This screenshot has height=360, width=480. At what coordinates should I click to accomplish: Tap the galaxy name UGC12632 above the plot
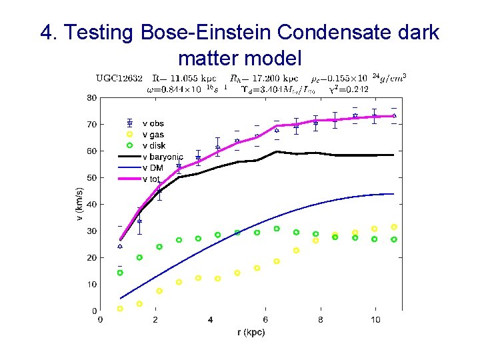117,78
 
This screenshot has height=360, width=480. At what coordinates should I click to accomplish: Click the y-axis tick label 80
91,98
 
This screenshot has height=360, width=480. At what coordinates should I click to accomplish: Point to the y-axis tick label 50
91,178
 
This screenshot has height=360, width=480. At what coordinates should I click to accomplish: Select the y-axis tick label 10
91,285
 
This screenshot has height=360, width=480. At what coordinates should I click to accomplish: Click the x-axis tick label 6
265,320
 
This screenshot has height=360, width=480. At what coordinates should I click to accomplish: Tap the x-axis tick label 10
375,320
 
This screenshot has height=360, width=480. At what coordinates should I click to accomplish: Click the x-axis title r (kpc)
251,332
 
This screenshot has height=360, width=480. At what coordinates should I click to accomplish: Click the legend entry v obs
153,123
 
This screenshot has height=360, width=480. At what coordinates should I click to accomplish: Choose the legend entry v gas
153,135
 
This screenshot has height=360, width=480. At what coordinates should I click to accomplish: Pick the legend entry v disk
153,145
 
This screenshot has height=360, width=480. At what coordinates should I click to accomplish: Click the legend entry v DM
152,167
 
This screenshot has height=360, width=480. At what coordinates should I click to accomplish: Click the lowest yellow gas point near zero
120,309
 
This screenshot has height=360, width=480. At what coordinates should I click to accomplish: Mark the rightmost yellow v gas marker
394,227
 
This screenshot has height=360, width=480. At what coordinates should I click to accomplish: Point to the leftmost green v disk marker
120,273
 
